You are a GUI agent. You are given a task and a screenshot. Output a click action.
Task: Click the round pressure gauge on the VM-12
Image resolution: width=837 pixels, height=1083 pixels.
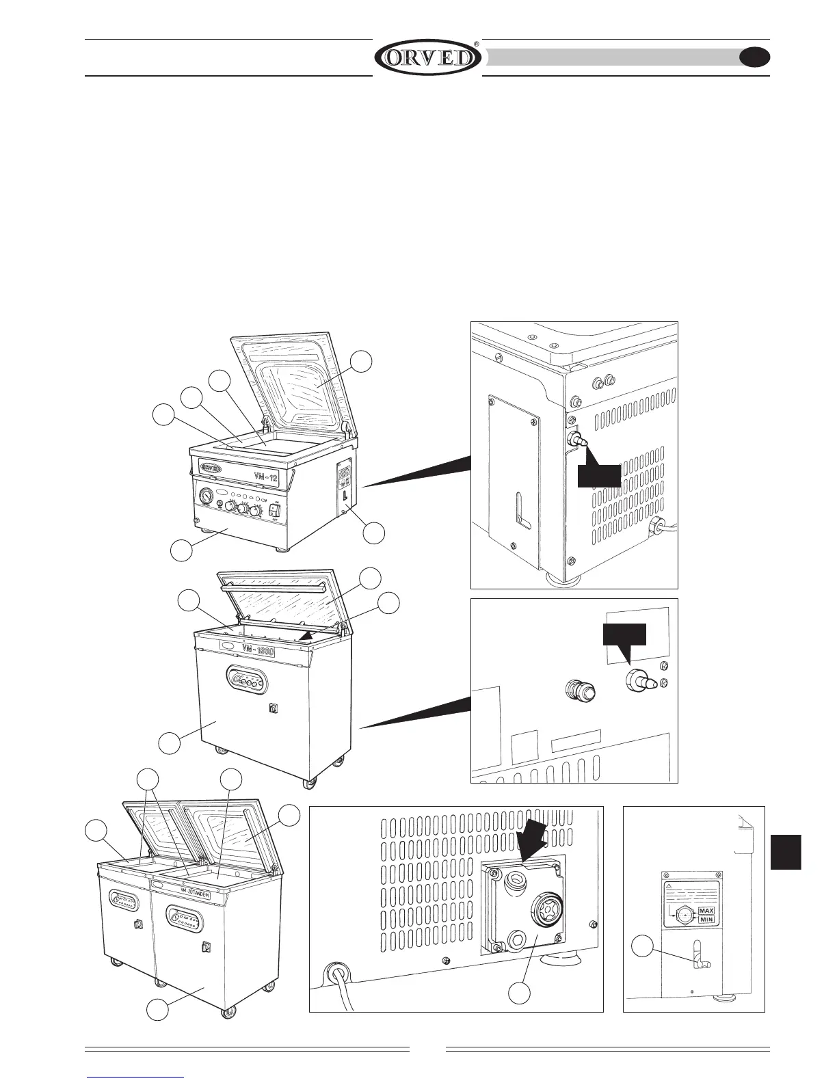tap(205, 494)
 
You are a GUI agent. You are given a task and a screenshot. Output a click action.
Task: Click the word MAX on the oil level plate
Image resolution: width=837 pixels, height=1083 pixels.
tap(706, 911)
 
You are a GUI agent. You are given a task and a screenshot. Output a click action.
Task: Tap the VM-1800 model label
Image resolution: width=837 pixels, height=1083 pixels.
tap(258, 650)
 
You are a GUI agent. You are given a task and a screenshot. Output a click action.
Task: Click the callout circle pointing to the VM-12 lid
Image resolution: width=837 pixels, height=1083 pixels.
tap(362, 362)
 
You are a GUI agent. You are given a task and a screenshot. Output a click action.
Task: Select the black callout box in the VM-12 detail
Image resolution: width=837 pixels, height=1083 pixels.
tap(599, 477)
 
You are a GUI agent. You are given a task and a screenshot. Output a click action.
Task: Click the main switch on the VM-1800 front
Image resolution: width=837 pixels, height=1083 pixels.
tap(273, 708)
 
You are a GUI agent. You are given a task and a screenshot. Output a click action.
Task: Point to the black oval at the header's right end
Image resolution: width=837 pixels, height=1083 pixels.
tap(754, 57)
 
